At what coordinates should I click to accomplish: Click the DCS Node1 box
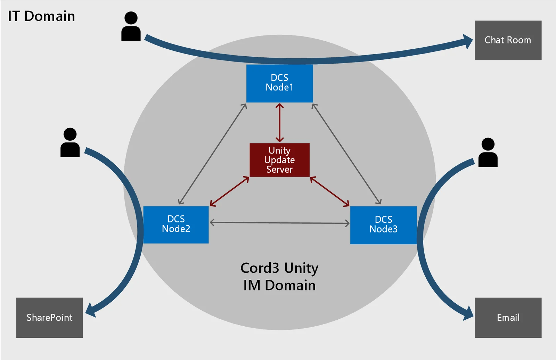[279, 83]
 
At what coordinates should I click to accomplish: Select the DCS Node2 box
[176, 224]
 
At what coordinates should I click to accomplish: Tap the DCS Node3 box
[383, 225]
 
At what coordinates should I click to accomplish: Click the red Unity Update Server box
[279, 160]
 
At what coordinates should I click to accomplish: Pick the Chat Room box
[508, 40]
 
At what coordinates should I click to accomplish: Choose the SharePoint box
[49, 318]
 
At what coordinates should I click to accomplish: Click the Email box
[508, 318]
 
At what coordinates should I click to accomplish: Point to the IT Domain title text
[41, 16]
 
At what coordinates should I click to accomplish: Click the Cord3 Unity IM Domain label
[279, 277]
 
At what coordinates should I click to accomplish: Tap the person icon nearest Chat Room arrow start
[131, 26]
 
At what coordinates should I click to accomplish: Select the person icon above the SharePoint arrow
[70, 142]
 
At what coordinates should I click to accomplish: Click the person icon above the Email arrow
[488, 152]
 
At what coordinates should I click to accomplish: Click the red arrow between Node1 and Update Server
[279, 123]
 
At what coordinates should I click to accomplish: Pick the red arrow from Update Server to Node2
[229, 191]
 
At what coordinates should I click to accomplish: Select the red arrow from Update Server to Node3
[330, 191]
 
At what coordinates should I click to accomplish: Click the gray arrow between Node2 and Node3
[279, 223]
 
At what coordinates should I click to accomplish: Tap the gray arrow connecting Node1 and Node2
[212, 154]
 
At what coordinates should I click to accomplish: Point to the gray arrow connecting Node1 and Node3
[346, 154]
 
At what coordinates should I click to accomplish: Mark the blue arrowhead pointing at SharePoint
[90, 310]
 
